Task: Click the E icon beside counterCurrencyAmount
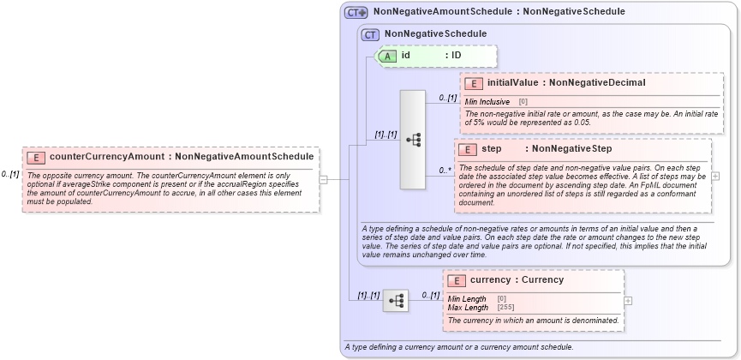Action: coord(36,157)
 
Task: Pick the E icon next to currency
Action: coord(457,280)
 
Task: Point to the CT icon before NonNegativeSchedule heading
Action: coord(371,34)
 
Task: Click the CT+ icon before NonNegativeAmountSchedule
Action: coord(356,12)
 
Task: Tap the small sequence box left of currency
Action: coord(396,301)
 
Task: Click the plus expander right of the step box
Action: coord(715,176)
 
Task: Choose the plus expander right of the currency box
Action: coord(628,301)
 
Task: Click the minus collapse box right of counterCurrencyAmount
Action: coord(323,180)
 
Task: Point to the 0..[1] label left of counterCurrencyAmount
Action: coord(10,174)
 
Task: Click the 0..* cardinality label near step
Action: coord(445,170)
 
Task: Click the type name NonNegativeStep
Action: coord(571,149)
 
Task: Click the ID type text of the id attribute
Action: coord(457,56)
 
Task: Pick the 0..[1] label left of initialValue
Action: coord(447,98)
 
